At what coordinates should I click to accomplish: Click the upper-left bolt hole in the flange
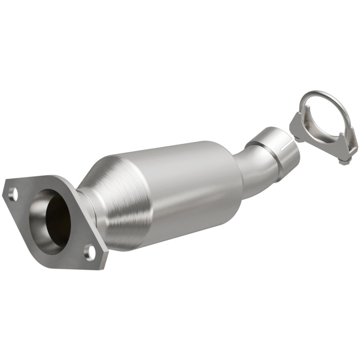13,194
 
